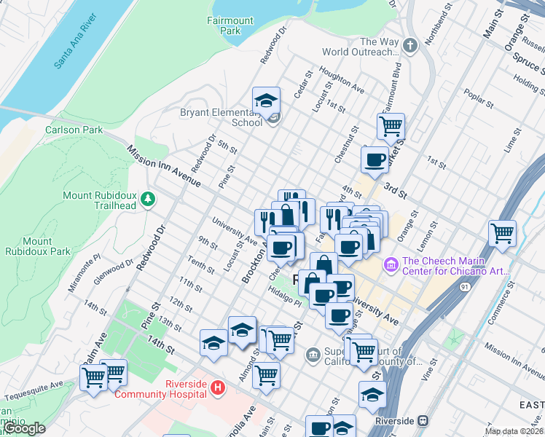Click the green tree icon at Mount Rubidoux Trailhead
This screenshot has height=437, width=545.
click(x=148, y=199)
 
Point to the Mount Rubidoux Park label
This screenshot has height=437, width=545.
click(x=37, y=246)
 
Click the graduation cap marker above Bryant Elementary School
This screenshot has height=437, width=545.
click(x=267, y=100)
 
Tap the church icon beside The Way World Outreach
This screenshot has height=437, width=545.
click(x=411, y=47)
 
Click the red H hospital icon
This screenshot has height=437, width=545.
click(x=217, y=387)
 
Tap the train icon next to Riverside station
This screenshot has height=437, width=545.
click(x=423, y=421)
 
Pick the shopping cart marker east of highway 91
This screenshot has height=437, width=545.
click(x=502, y=234)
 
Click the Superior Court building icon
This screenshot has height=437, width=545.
click(x=313, y=355)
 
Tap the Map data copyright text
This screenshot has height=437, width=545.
click(x=514, y=431)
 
